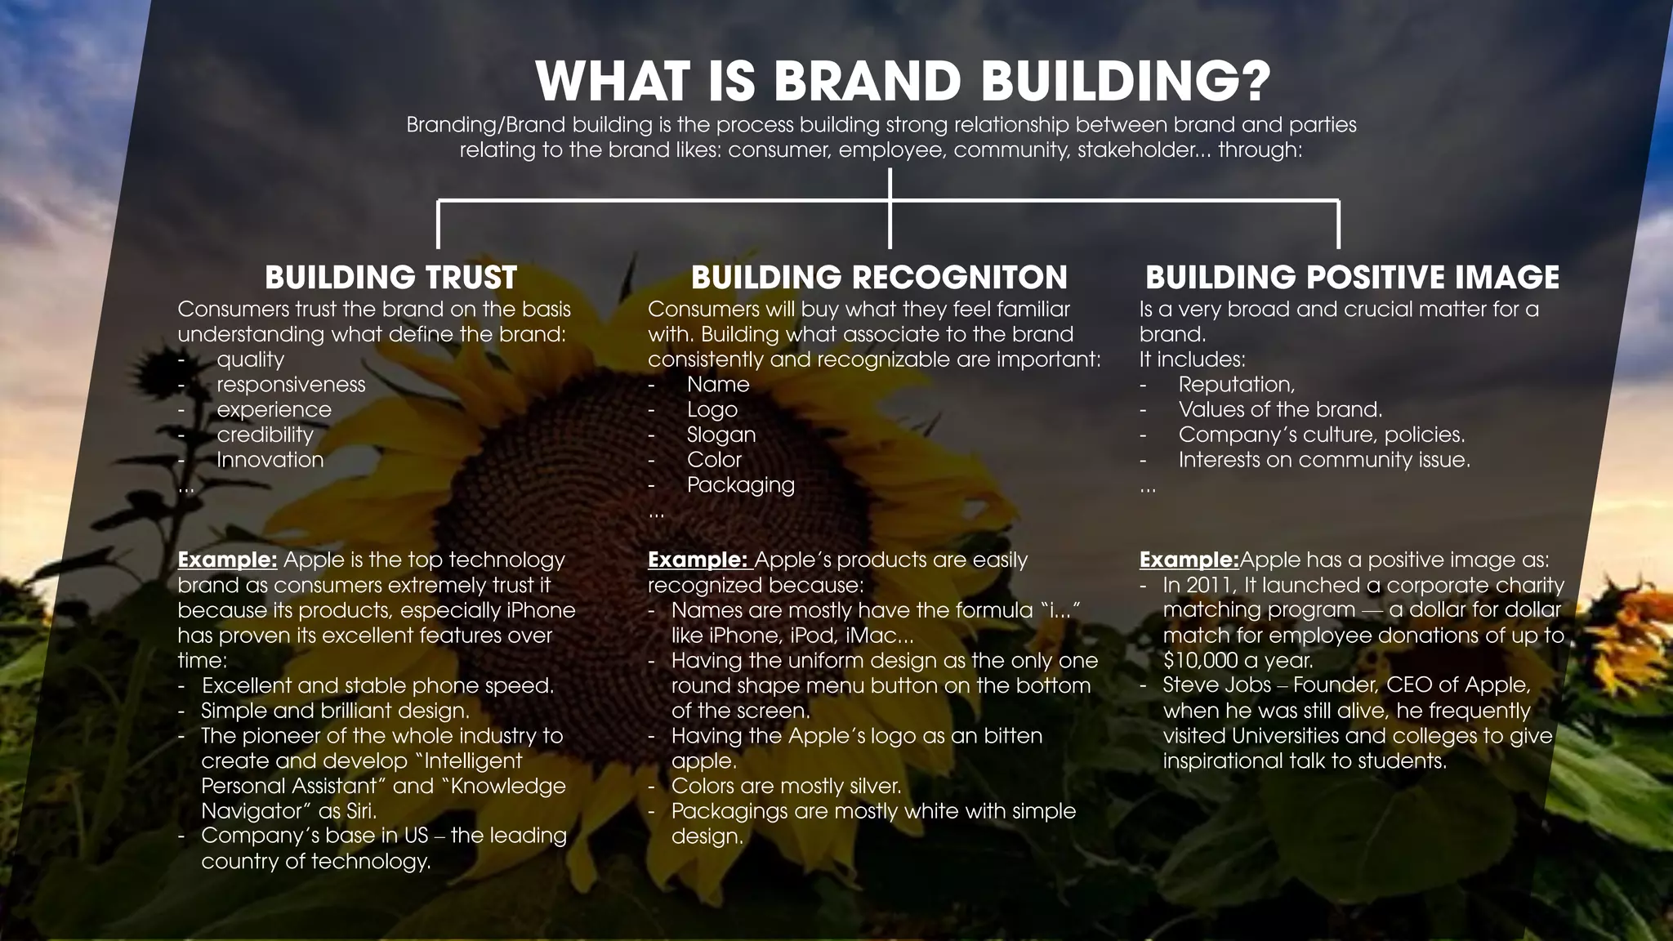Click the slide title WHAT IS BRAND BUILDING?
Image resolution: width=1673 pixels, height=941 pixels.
[x=903, y=82]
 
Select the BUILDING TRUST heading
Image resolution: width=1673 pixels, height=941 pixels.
[x=390, y=278]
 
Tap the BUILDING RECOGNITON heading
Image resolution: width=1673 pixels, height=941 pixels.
[x=879, y=278]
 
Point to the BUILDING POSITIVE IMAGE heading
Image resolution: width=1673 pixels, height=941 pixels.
[x=1352, y=278]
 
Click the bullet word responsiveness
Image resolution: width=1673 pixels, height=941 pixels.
[x=291, y=385]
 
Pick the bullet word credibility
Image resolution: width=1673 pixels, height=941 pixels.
[x=265, y=435]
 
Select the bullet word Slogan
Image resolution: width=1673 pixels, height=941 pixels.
[x=721, y=435]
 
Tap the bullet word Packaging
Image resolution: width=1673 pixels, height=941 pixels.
[x=740, y=485]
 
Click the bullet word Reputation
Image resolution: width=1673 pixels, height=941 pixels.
[x=1235, y=385]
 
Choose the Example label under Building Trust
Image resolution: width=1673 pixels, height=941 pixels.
[x=227, y=560]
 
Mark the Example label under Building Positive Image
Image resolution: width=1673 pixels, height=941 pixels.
[x=1189, y=560]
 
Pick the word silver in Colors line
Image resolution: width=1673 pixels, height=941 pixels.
[x=868, y=787]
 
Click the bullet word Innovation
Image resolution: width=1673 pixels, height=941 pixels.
[x=270, y=461]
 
